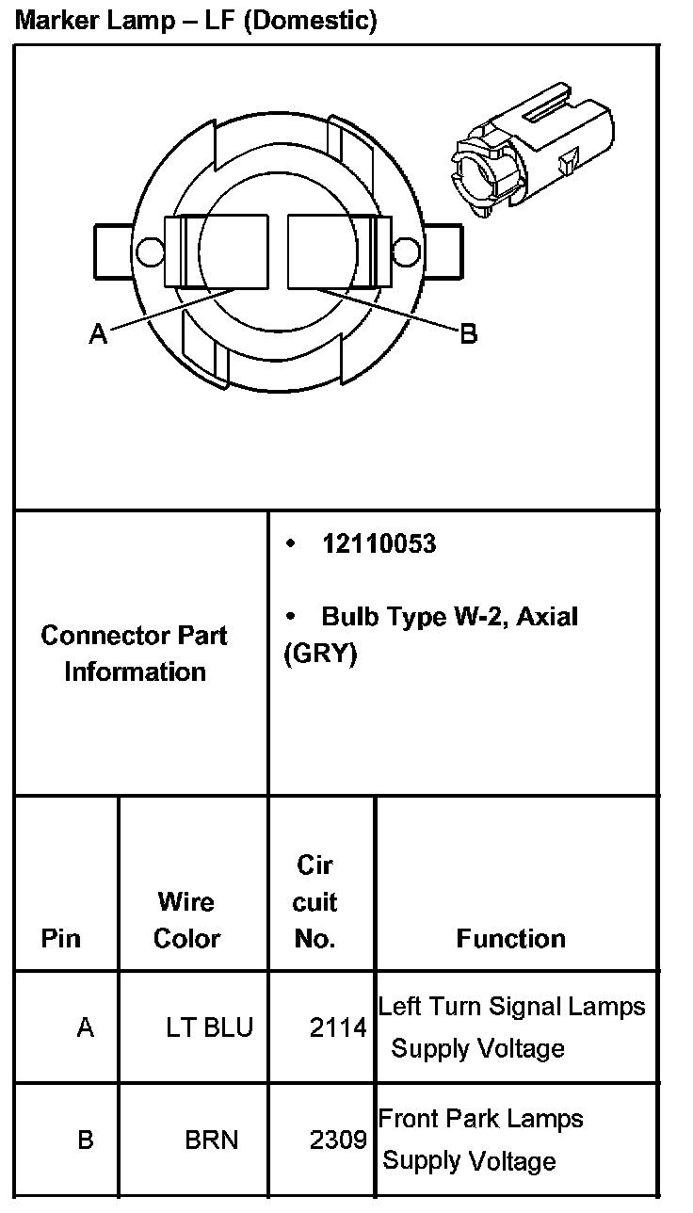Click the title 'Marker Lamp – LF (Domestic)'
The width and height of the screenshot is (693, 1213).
(196, 21)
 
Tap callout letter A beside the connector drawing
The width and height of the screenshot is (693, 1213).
(98, 333)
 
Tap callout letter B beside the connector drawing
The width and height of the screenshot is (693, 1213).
(468, 333)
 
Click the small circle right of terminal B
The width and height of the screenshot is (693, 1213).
(405, 251)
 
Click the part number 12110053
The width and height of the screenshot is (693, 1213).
(379, 544)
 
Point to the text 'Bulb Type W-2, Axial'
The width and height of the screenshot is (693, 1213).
(449, 617)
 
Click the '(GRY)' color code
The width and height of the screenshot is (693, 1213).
(320, 654)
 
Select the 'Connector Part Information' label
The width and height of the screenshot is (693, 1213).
(135, 653)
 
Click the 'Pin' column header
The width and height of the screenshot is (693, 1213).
(61, 938)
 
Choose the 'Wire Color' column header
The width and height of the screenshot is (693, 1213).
(186, 920)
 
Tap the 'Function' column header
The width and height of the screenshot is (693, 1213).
(510, 938)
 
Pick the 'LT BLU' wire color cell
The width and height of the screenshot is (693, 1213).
(209, 1027)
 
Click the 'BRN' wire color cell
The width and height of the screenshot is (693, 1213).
(212, 1140)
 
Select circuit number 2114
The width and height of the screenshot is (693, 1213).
(338, 1027)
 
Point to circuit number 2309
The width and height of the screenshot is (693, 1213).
(338, 1140)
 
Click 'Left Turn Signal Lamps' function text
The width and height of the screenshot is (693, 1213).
(511, 1007)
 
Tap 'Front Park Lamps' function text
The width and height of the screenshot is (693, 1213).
(480, 1119)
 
